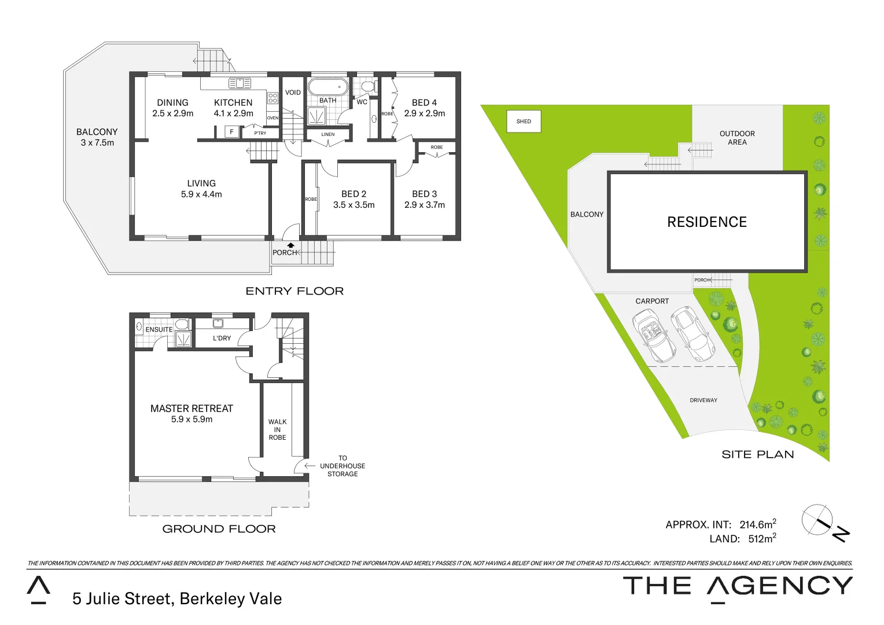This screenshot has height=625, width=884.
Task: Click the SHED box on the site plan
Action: click(x=524, y=122)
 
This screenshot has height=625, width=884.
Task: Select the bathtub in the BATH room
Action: click(x=327, y=87)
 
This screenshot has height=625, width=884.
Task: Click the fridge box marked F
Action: click(x=231, y=132)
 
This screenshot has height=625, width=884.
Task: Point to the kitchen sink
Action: click(x=240, y=83)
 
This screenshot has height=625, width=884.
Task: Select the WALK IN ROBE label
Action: click(x=277, y=429)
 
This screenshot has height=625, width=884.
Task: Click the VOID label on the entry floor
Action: click(x=293, y=93)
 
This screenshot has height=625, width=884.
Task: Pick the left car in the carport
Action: click(x=653, y=335)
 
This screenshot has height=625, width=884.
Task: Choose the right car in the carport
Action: click(x=693, y=333)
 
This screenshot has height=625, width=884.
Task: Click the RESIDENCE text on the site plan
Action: click(x=706, y=222)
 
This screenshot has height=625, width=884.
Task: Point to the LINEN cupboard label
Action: click(x=328, y=134)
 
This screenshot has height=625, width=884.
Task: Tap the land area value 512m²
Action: click(x=761, y=538)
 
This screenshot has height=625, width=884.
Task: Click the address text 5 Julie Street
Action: click(x=177, y=598)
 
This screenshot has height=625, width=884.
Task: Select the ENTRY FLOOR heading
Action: click(x=294, y=291)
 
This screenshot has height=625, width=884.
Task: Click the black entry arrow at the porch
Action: click(x=291, y=245)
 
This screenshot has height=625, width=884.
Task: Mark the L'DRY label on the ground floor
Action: click(x=222, y=338)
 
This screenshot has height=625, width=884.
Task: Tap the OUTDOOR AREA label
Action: click(x=736, y=138)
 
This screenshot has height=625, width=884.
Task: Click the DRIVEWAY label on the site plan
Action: click(x=703, y=400)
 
